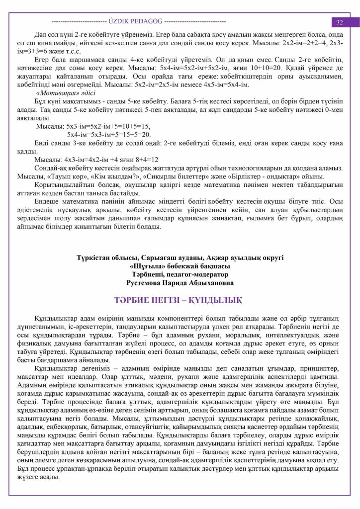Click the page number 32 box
coord(340,22)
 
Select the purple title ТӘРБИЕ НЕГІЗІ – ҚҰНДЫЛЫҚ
coord(180,300)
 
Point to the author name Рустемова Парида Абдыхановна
coord(180,282)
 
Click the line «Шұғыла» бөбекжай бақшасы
coord(180,265)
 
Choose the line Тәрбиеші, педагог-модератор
coord(180,273)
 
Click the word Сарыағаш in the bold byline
coord(159,257)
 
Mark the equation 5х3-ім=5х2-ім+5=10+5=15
coord(93,127)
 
